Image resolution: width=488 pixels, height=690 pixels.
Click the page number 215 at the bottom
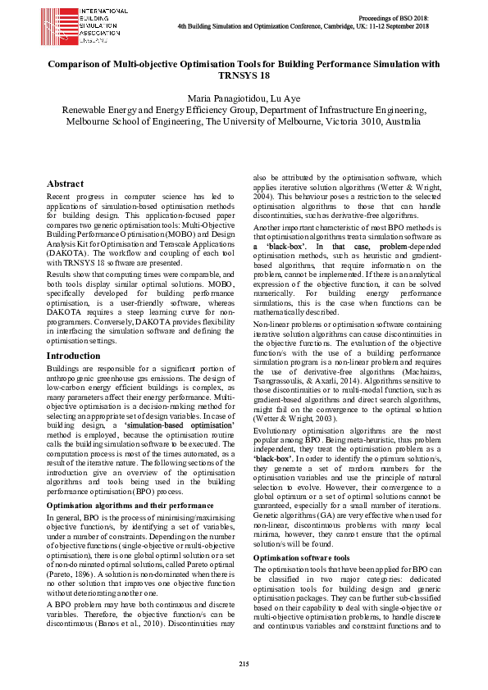244,663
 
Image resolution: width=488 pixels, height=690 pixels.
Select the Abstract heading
66,184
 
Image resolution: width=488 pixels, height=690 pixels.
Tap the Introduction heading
73,356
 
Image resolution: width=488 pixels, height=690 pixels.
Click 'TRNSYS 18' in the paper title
244,75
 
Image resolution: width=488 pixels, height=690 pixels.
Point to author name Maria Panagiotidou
217,98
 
